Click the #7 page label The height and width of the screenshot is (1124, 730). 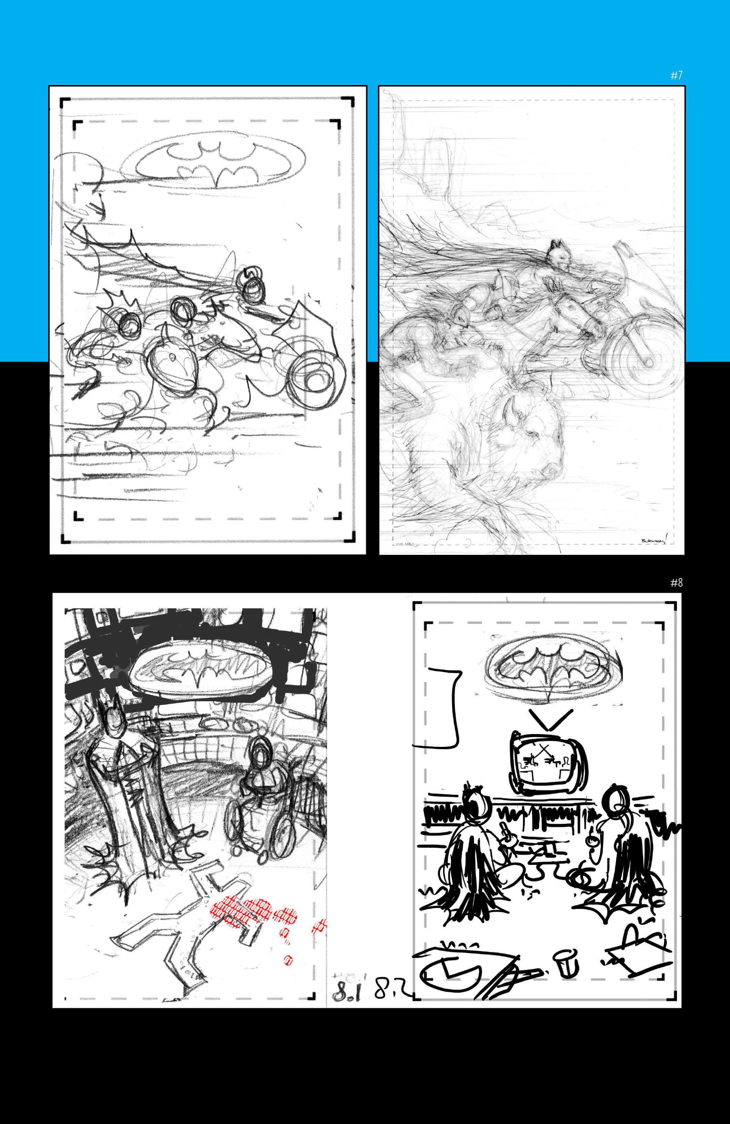[x=676, y=75]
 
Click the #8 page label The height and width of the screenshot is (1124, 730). [x=676, y=583]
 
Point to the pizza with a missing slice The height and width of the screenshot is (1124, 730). [x=451, y=973]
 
